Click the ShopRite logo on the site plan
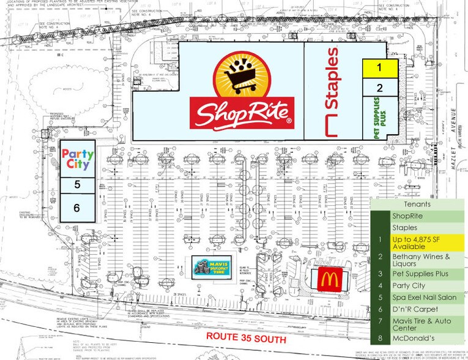pos(242,96)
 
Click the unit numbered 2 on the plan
pos(379,88)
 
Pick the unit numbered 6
pos(77,208)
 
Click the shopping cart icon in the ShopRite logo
pos(243,76)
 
